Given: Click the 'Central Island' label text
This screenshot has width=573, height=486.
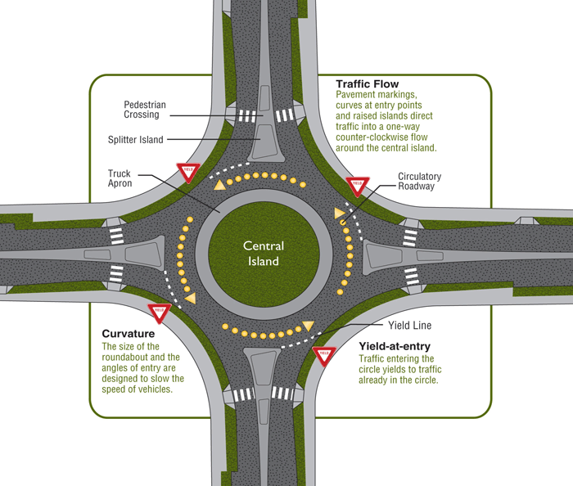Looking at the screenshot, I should click(x=263, y=254).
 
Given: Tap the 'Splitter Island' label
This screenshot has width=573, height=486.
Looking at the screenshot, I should click(x=136, y=140).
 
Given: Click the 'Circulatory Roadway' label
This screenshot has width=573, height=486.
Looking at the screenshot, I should click(x=419, y=182).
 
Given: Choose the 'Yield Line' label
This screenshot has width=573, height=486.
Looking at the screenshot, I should click(x=409, y=325).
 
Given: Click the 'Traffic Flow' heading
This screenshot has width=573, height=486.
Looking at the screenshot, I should click(x=368, y=83).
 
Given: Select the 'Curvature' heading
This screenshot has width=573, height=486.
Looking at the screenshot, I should click(x=129, y=334).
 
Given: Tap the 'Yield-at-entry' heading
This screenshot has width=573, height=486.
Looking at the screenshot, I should click(x=397, y=346).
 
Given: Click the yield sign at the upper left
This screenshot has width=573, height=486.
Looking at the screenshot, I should click(x=187, y=173).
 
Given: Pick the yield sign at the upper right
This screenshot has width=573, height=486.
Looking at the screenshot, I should click(x=356, y=185).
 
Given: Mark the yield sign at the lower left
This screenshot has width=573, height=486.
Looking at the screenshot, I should click(x=159, y=312).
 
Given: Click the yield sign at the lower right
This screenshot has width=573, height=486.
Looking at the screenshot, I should click(x=323, y=355).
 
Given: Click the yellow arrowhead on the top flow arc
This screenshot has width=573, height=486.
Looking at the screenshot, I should click(x=220, y=187).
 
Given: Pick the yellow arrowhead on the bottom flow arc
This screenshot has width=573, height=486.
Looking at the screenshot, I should click(x=308, y=326).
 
